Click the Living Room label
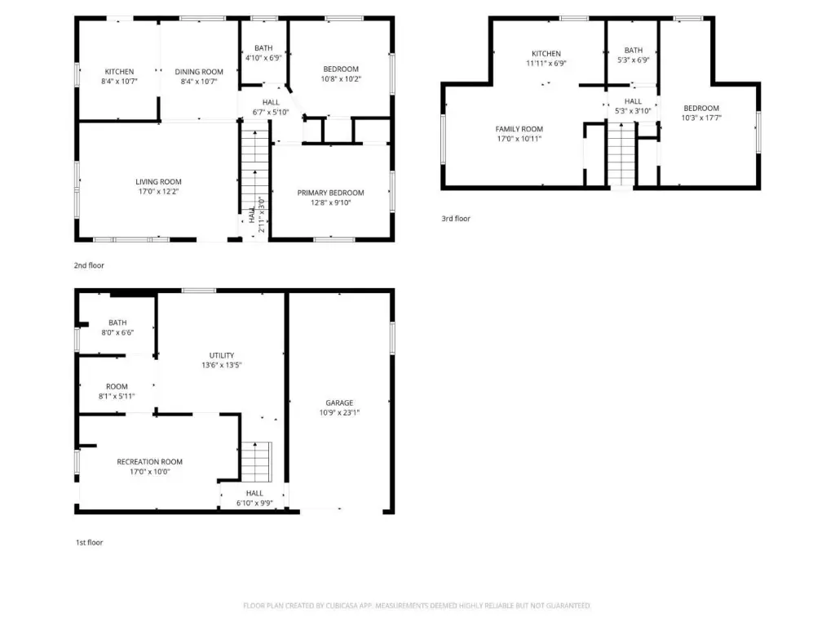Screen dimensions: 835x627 click(158, 182)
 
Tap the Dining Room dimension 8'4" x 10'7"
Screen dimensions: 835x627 click(199, 82)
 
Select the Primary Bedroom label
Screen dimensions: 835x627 click(331, 193)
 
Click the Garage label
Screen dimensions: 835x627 click(339, 403)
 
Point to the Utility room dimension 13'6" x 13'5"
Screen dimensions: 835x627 click(222, 365)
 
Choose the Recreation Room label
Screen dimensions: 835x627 click(150, 462)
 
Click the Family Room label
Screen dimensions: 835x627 click(519, 129)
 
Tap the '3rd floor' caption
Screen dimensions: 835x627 click(456, 219)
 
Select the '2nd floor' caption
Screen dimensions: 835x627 click(89, 265)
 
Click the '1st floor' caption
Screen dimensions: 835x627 click(89, 543)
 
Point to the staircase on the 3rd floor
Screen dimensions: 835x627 click(621, 154)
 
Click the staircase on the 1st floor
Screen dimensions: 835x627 click(257, 462)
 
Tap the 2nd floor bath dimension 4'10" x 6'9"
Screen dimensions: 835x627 click(263, 58)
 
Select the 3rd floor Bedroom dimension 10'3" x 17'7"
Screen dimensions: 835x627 click(701, 118)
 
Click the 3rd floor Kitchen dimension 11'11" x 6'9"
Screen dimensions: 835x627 click(546, 64)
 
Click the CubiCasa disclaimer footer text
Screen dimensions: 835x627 click(417, 606)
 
